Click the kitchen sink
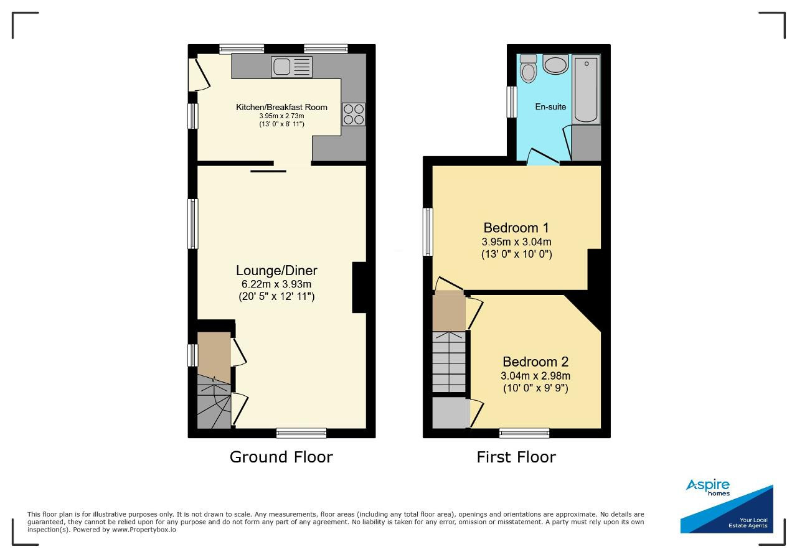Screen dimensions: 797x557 [292, 67]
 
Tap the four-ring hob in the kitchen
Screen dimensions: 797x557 [354, 114]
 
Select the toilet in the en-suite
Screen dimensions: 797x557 [529, 68]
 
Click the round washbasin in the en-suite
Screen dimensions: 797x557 [555, 64]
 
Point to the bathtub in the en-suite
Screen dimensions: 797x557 [586, 89]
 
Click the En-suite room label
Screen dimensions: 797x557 [550, 106]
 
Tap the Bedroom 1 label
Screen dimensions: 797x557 [516, 227]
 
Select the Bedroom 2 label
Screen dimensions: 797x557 [535, 362]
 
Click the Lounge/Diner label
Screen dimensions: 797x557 [276, 270]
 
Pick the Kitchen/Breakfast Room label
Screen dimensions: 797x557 [281, 107]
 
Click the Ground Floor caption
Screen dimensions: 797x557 [281, 457]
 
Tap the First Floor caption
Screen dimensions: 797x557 [516, 457]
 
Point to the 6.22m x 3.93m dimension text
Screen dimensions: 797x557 [276, 284]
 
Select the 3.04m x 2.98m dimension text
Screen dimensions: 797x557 [535, 375]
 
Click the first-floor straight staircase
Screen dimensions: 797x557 [449, 362]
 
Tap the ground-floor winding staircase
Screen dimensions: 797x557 [214, 401]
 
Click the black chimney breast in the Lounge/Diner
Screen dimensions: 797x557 [359, 288]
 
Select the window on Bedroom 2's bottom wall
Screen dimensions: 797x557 [524, 433]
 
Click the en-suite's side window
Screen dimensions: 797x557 [512, 101]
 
